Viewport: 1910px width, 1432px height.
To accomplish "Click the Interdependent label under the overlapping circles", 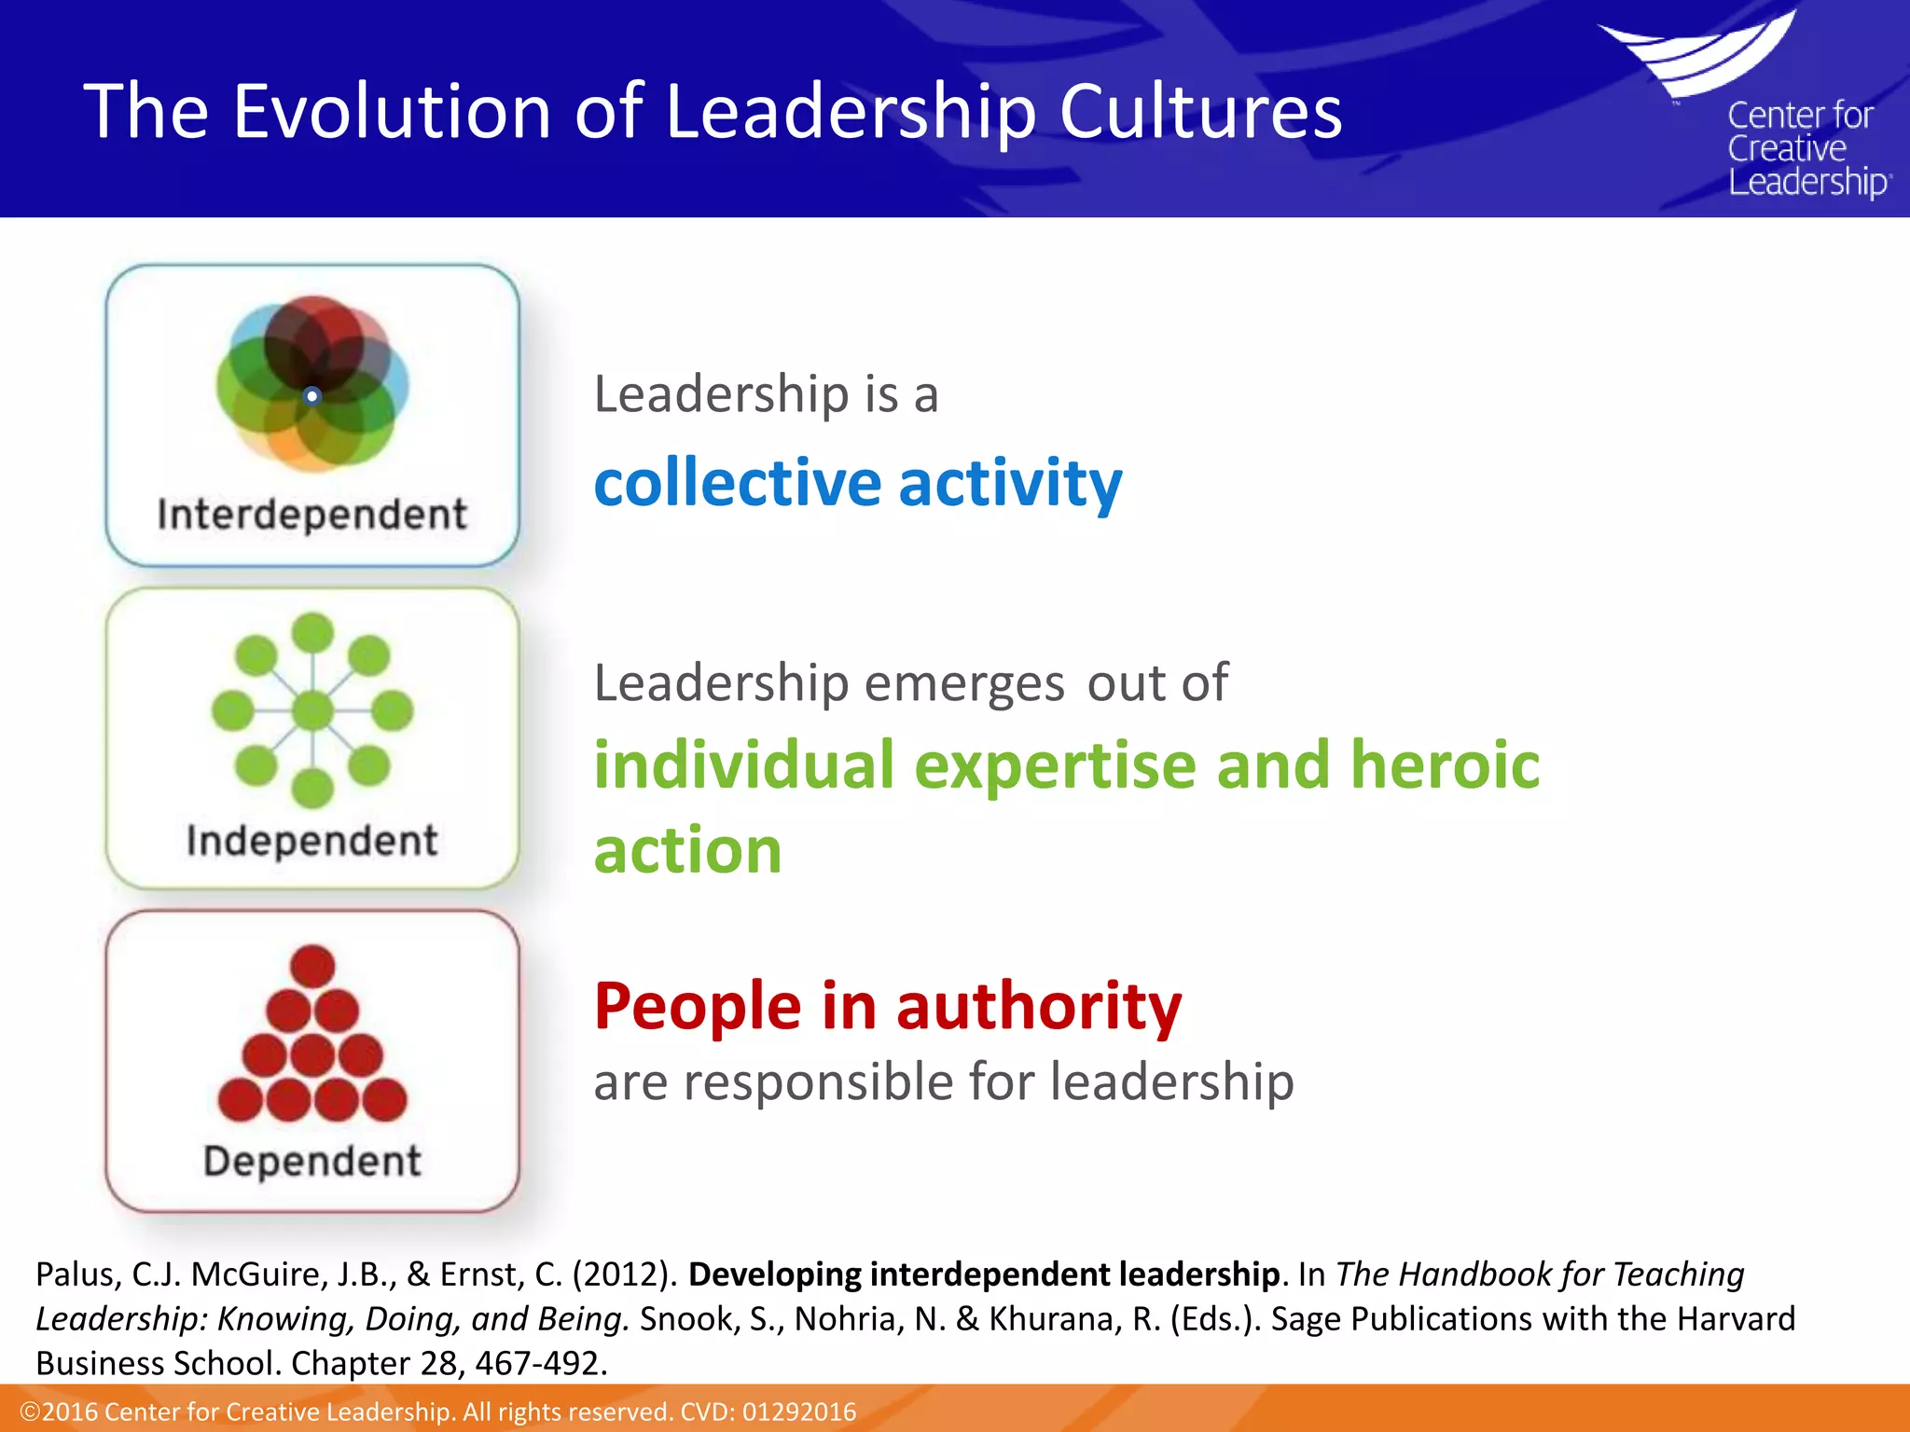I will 311,515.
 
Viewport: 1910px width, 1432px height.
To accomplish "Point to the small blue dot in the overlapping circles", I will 312,396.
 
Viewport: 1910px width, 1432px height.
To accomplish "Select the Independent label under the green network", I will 311,841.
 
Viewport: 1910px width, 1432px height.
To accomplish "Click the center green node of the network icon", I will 312,711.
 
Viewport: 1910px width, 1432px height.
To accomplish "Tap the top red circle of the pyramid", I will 312,965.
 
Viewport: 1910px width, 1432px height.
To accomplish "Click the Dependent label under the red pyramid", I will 311,1162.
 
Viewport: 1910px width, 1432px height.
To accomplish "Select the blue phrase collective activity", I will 858,484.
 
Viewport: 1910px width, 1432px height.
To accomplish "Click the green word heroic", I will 1445,765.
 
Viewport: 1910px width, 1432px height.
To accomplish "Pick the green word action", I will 687,851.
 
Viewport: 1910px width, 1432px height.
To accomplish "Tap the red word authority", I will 1038,1007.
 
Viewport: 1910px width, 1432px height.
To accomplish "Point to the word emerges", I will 964,683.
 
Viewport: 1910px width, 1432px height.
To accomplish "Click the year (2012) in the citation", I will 625,1274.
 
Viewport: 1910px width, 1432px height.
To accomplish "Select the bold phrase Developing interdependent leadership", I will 983,1274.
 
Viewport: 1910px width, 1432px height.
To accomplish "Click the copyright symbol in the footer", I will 29,1411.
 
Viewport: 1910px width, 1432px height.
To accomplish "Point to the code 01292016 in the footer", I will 798,1411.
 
